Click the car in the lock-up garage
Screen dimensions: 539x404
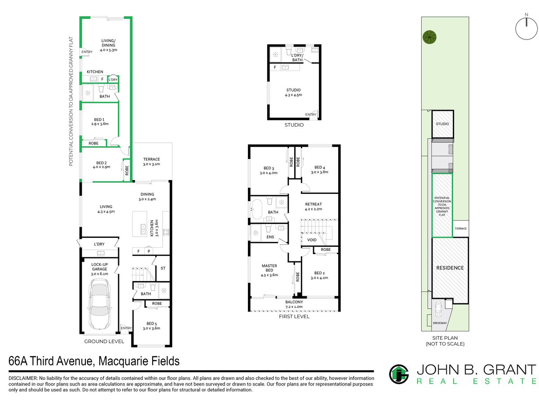pos(99,304)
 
